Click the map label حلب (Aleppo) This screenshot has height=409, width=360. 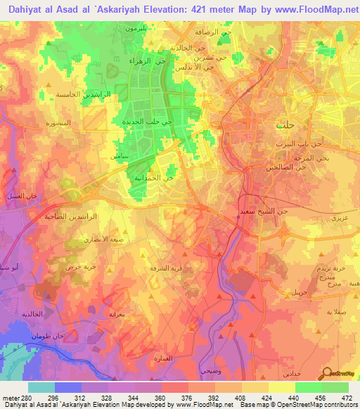click(285, 125)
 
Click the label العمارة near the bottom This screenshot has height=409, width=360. click(162, 359)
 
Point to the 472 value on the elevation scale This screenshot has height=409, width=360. click(347, 398)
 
